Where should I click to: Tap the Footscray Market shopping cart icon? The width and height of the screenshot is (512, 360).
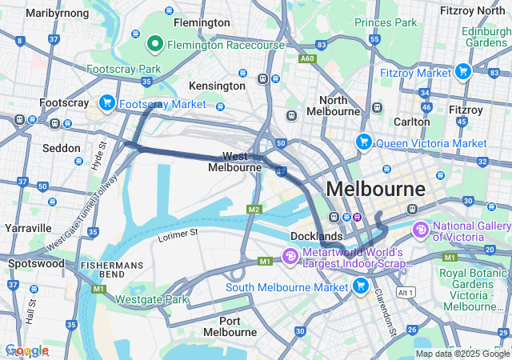click(107, 103)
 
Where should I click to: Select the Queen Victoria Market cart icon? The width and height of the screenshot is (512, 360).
click(364, 142)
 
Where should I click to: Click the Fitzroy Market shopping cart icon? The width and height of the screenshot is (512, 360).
click(462, 72)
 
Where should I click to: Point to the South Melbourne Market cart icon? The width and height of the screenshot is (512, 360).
click(360, 286)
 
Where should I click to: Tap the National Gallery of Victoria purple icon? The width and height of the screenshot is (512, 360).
click(422, 230)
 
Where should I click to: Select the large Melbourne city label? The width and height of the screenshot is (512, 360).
click(376, 190)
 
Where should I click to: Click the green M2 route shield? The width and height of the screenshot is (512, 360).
click(254, 209)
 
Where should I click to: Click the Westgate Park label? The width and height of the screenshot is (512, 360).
click(151, 300)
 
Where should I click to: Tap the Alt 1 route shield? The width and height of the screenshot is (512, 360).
click(406, 293)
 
